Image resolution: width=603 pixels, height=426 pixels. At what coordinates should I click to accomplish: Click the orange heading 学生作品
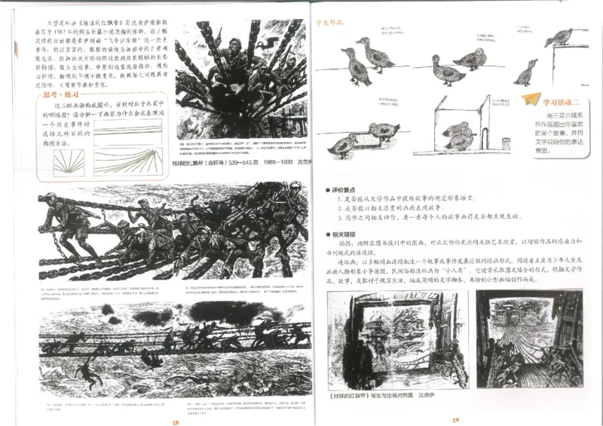click(x=329, y=23)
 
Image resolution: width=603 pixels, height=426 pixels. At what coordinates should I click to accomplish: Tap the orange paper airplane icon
click(x=534, y=99)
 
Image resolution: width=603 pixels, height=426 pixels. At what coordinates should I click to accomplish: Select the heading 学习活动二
click(x=562, y=102)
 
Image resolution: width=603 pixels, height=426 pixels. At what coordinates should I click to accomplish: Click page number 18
click(x=175, y=421)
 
